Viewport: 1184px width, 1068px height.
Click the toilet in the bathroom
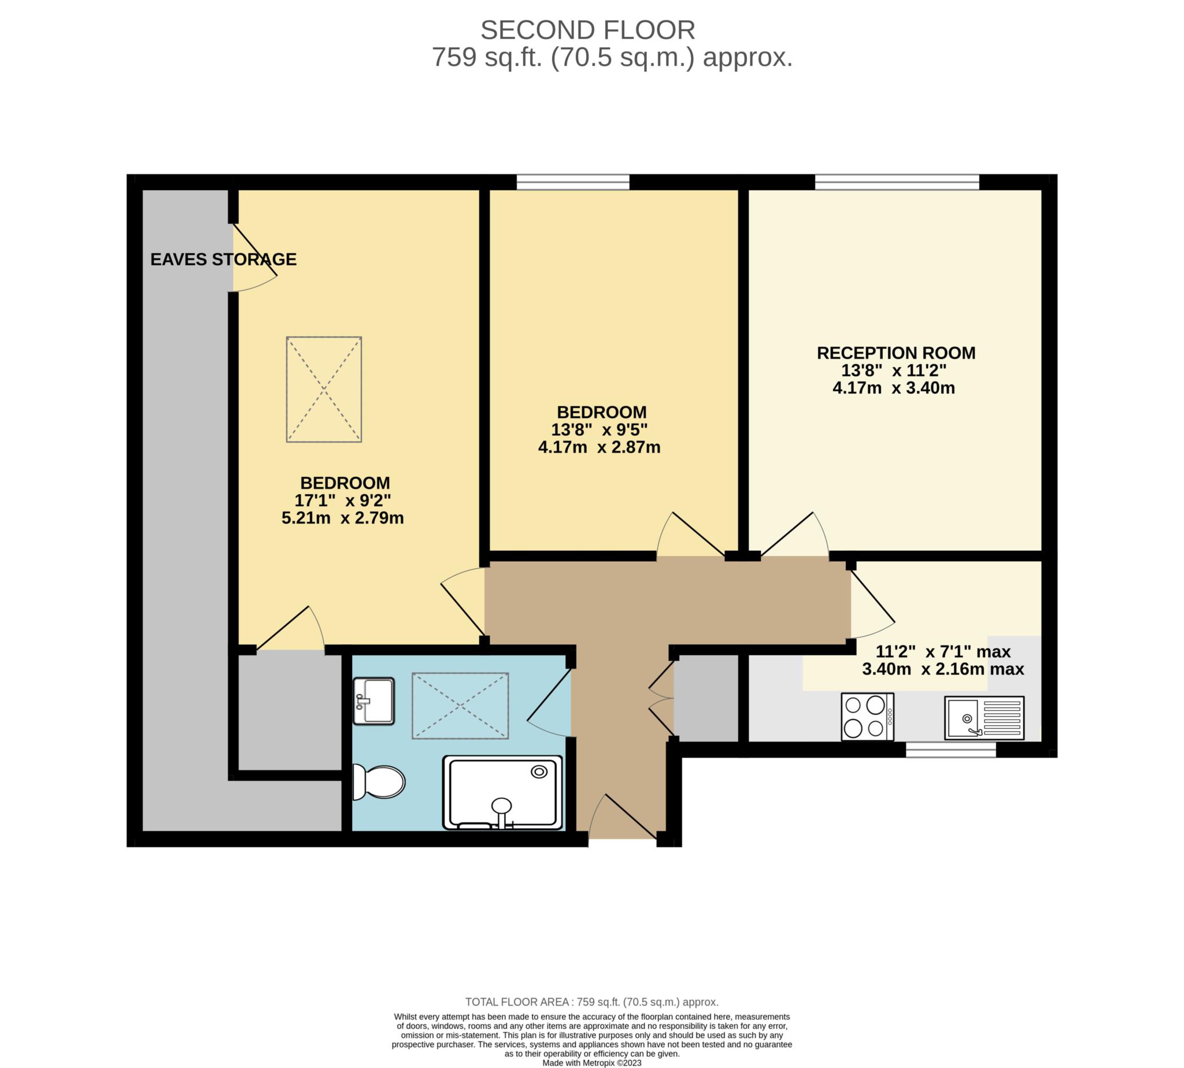[379, 783]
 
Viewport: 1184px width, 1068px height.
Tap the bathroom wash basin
[373, 700]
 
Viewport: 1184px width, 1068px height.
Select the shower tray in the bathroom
[502, 792]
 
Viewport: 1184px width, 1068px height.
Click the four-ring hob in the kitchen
[867, 717]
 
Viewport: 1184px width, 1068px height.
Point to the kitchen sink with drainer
[984, 718]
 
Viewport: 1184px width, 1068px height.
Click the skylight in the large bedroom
[324, 389]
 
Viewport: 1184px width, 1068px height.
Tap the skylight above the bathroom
[460, 705]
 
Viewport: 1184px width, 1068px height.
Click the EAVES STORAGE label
[223, 259]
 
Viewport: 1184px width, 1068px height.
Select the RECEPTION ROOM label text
[896, 353]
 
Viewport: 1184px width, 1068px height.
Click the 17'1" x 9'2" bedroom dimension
[342, 500]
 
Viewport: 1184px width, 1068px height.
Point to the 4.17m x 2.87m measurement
[599, 447]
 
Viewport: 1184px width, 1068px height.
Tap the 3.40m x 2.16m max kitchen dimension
[943, 669]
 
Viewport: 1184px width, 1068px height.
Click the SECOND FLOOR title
[587, 30]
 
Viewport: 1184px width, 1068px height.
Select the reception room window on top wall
[896, 183]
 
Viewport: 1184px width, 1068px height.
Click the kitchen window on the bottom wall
[950, 750]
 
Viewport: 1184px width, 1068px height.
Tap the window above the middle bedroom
[572, 183]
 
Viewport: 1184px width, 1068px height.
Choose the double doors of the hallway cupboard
[661, 698]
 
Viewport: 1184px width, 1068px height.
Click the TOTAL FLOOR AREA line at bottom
[591, 1002]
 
